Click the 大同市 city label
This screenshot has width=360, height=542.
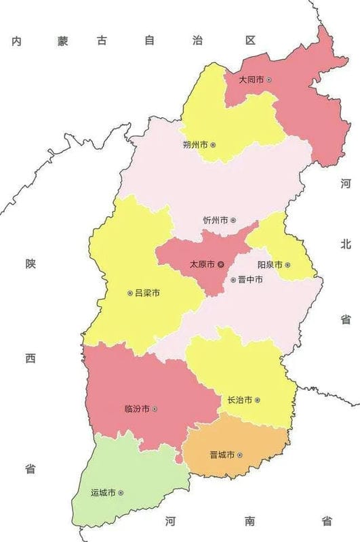click(252, 80)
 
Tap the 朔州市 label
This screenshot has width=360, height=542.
click(195, 145)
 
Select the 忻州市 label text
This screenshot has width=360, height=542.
click(216, 221)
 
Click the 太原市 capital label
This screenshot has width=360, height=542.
click(201, 264)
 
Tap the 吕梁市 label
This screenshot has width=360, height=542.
click(147, 293)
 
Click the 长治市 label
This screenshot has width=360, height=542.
click(240, 400)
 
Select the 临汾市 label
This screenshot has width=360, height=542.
click(138, 409)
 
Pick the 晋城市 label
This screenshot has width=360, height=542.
click(222, 455)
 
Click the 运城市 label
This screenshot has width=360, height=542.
click(103, 493)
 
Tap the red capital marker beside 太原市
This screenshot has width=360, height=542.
click(221, 264)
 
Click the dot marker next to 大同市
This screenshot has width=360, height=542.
click(270, 80)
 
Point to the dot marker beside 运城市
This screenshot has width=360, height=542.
click(121, 493)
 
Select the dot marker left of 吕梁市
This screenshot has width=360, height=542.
click(129, 293)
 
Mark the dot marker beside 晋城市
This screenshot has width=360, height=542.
click(240, 455)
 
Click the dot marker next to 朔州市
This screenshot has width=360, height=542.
click(213, 145)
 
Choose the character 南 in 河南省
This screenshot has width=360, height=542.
click(249, 521)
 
